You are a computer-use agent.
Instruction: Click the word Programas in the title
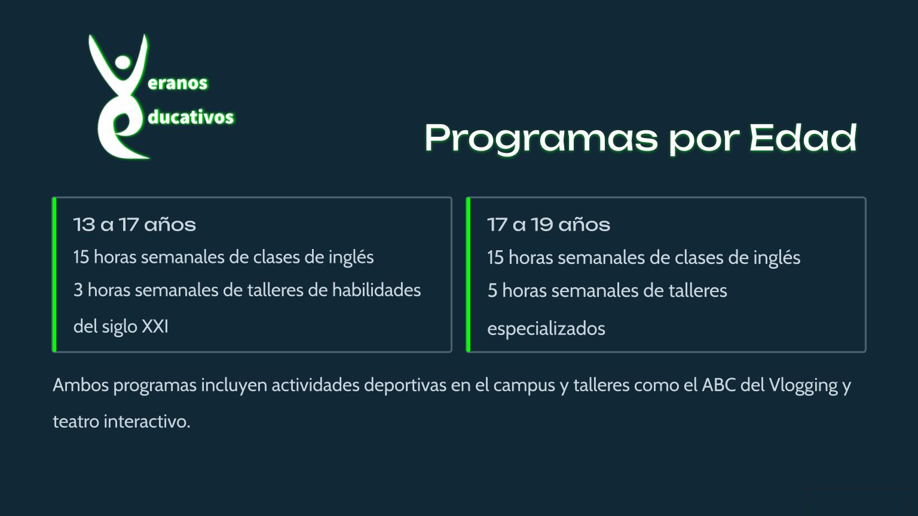(x=541, y=139)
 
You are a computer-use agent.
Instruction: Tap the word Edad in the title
(x=803, y=137)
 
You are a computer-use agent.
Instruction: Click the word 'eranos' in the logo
(x=178, y=83)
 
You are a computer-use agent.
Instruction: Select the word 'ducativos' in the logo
(x=191, y=116)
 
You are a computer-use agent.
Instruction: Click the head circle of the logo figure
(x=123, y=62)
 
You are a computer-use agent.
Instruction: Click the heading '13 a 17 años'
(x=134, y=225)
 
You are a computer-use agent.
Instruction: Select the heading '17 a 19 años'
(x=549, y=225)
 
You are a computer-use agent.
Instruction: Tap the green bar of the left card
(x=54, y=274)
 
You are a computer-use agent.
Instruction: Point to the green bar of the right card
(x=469, y=274)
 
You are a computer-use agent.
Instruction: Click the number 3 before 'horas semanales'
(x=78, y=290)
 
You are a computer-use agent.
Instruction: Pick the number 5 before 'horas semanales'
(x=492, y=290)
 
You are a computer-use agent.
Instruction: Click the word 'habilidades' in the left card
(x=376, y=290)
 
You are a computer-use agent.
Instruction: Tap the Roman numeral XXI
(x=155, y=327)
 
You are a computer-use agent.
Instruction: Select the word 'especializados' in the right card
(x=546, y=328)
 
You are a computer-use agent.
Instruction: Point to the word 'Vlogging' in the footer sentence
(x=803, y=385)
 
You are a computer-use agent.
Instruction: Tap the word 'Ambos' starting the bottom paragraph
(x=81, y=385)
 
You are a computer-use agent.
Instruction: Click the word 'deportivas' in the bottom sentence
(x=405, y=385)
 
